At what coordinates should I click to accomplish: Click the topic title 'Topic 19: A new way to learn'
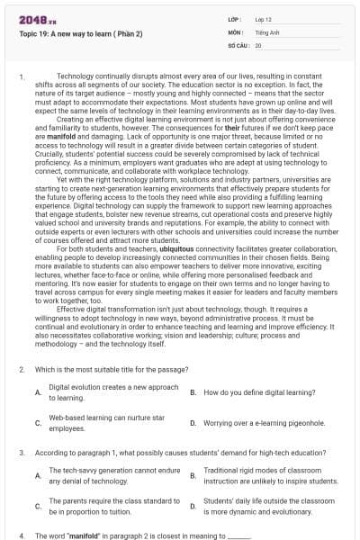click(x=80, y=33)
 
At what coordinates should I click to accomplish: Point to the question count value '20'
click(x=258, y=44)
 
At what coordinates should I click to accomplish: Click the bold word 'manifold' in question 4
click(x=93, y=535)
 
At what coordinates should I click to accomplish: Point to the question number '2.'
click(x=22, y=370)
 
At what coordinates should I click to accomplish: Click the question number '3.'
click(x=22, y=454)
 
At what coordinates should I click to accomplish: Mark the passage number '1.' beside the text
click(x=22, y=78)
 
